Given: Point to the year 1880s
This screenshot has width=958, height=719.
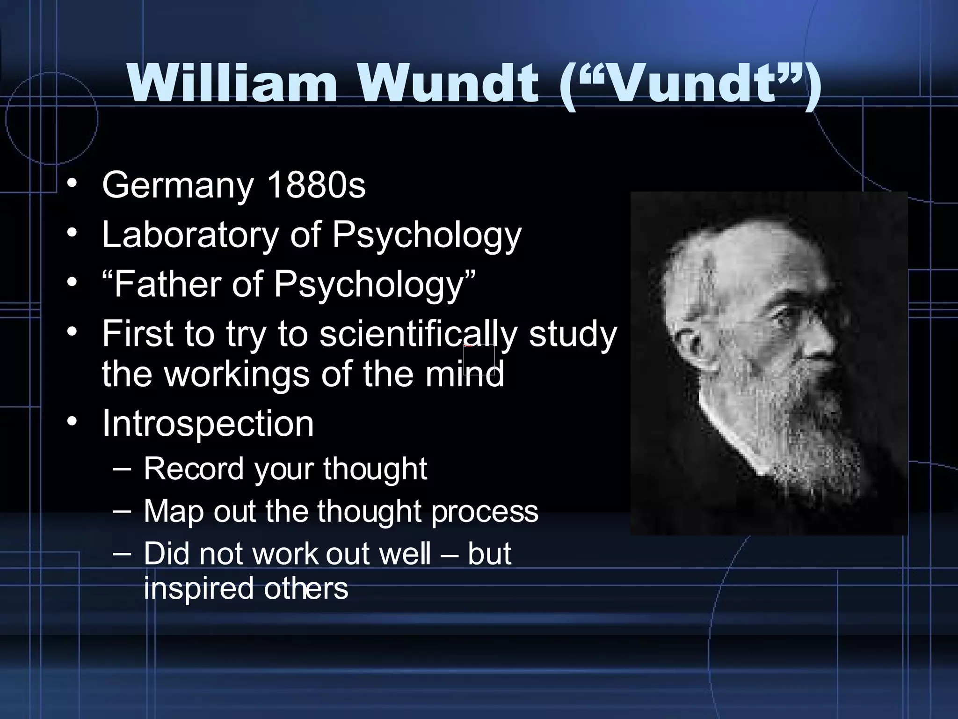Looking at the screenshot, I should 316,185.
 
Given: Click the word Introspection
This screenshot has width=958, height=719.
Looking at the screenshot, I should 208,423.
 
